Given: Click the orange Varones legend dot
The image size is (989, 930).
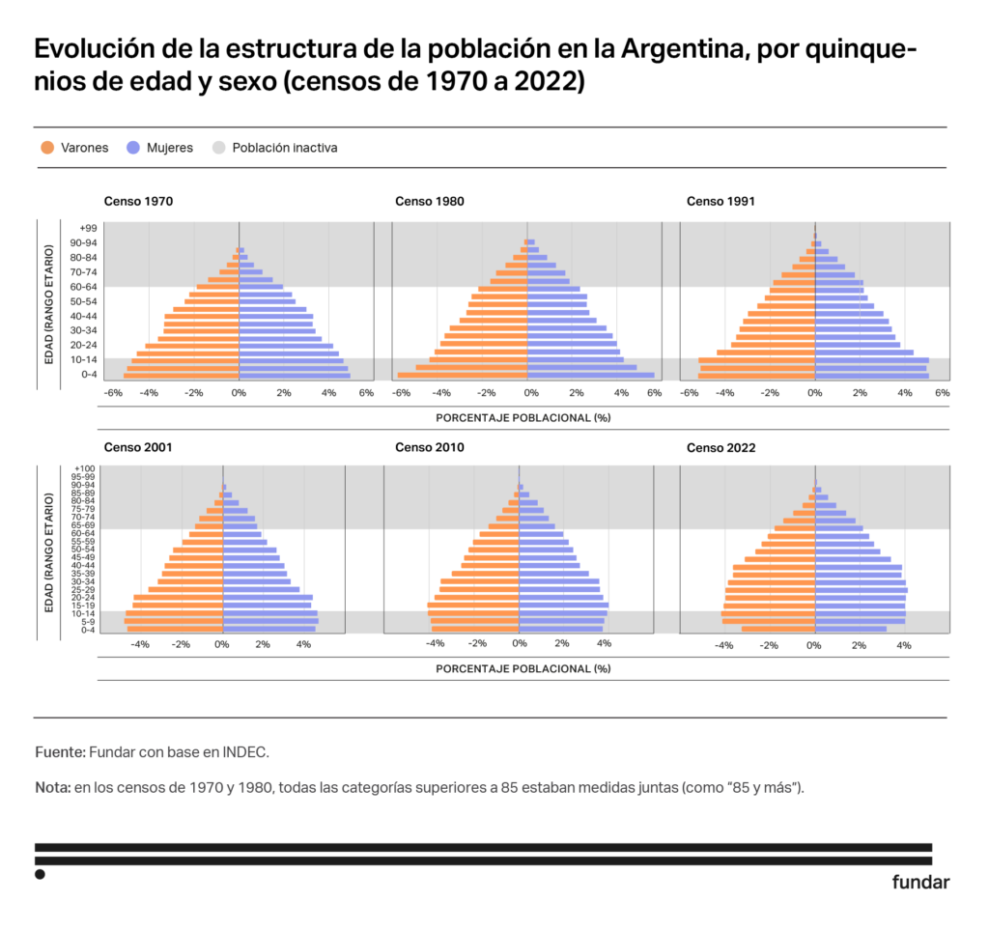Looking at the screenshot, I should (x=47, y=148).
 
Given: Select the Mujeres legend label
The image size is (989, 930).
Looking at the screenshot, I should (x=170, y=148).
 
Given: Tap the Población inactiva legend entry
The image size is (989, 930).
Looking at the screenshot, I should (x=285, y=148).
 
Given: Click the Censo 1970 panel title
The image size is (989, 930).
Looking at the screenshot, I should (x=139, y=202).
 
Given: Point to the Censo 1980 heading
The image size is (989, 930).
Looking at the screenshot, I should (x=430, y=202).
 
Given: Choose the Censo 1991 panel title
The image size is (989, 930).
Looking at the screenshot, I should (x=721, y=202).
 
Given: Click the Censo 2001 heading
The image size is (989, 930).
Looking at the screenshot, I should (x=139, y=447).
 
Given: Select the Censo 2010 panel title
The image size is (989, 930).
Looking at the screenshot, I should (x=430, y=447).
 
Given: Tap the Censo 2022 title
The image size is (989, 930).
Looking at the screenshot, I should (x=721, y=447).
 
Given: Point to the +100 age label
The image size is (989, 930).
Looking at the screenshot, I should (x=85, y=468).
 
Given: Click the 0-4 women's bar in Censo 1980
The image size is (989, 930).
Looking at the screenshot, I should (x=590, y=376).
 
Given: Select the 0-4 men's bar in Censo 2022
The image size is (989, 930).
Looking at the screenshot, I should (x=777, y=629).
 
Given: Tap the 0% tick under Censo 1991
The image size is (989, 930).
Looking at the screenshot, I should (x=814, y=393).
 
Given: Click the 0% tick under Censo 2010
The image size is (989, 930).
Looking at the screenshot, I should (x=519, y=643).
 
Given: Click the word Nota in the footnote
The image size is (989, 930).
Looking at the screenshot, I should (x=52, y=787).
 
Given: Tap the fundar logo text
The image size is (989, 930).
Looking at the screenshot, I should (x=920, y=882).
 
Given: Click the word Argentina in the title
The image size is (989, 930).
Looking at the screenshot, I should (x=682, y=49).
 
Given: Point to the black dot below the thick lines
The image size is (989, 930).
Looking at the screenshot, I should (x=40, y=874).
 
